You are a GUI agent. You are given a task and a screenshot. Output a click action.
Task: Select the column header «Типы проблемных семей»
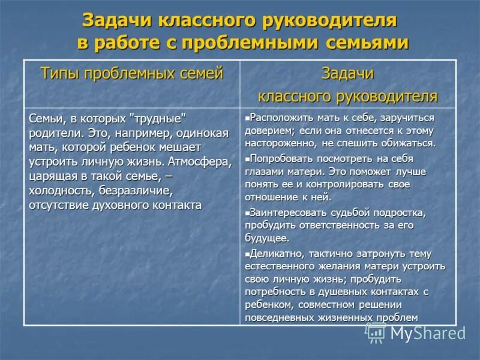click(x=131, y=74)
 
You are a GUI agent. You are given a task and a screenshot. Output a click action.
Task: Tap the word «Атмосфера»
click(x=199, y=161)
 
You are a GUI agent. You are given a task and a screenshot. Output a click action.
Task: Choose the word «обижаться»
click(x=405, y=143)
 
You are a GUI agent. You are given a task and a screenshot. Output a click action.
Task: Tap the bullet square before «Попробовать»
click(x=247, y=159)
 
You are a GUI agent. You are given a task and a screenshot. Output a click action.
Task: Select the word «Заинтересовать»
click(x=287, y=212)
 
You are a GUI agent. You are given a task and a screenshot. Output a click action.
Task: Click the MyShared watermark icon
click(x=376, y=332)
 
